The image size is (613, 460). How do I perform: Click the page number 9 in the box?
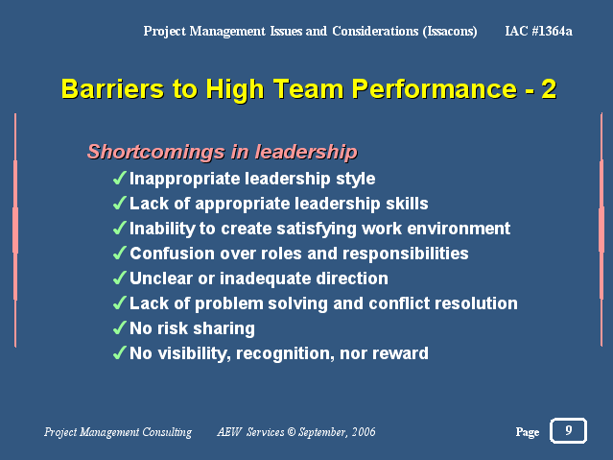coord(569,430)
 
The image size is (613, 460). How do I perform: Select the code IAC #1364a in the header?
coord(539,31)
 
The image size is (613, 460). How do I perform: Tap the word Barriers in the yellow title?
coord(112,89)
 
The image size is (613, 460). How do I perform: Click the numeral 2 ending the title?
coord(549,89)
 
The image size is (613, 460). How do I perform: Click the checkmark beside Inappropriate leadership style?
coord(119,178)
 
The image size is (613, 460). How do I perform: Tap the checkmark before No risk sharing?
coord(119,327)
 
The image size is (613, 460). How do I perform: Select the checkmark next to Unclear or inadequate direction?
coord(119,278)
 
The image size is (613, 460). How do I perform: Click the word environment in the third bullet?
coord(459,229)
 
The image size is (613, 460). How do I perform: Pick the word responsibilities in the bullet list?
coord(406,254)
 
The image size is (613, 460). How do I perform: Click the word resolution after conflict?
coord(476,303)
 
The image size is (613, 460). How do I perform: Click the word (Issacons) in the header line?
coord(450,31)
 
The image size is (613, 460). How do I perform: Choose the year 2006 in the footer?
coord(364,432)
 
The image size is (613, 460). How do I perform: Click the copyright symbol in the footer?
coord(292,432)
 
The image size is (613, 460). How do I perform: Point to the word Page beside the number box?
coord(528,432)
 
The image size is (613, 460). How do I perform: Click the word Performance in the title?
coord(435,89)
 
